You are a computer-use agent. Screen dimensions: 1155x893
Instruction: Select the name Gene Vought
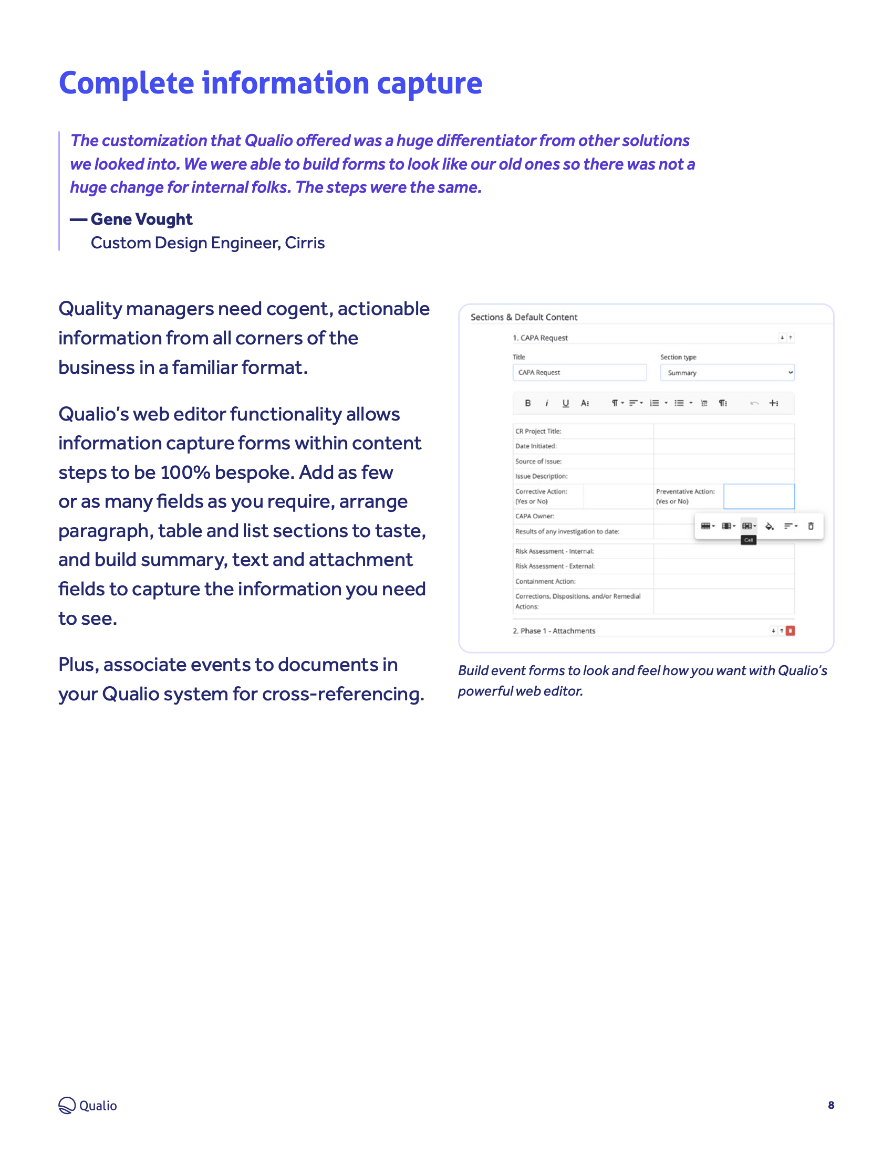(141, 219)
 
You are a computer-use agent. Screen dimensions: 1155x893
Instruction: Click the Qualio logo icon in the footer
(67, 1105)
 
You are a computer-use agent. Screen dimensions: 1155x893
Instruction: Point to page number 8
(830, 1105)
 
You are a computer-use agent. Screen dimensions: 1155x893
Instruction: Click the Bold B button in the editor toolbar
(527, 403)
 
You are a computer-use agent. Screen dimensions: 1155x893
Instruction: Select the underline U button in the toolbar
(566, 403)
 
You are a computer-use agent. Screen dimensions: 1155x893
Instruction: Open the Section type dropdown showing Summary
(726, 372)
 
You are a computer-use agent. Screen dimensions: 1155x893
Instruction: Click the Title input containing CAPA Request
(579, 372)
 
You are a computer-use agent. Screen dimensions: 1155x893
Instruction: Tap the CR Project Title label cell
(538, 431)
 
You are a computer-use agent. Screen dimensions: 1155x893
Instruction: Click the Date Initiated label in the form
(535, 446)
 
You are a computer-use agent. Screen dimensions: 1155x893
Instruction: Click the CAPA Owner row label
(534, 516)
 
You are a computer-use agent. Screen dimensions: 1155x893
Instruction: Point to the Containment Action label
(545, 581)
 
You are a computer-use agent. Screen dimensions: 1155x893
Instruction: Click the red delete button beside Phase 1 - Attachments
(791, 631)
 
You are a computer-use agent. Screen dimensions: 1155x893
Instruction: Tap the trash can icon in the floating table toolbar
(811, 526)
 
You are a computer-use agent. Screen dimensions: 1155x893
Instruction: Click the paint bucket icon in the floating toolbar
(769, 526)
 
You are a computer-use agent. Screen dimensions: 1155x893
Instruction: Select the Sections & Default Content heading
(524, 317)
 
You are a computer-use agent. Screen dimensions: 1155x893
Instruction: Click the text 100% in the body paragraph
(185, 472)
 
